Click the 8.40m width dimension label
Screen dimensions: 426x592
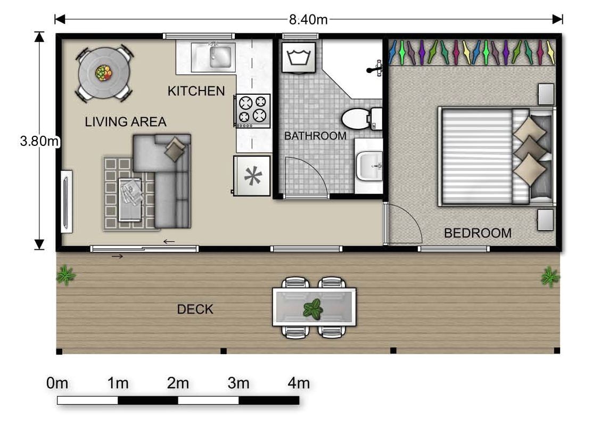[x=308, y=20]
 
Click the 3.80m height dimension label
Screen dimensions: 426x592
[x=39, y=142]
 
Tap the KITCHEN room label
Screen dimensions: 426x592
[x=196, y=91]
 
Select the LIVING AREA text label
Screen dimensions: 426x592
[x=126, y=122]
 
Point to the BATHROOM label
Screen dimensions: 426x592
[x=315, y=136]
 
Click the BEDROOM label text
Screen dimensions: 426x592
[x=478, y=233]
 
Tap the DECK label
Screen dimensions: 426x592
[x=195, y=309]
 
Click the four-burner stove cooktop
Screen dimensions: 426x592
[x=252, y=110]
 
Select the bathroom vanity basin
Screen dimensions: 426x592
[x=368, y=166]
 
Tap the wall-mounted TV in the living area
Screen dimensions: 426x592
[x=67, y=201]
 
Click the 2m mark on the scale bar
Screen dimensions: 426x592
[x=178, y=383]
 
